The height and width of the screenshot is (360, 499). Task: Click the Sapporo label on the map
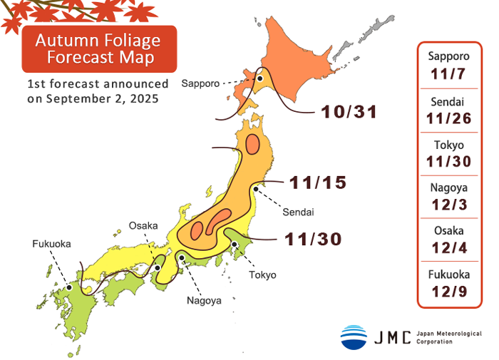pos(200,83)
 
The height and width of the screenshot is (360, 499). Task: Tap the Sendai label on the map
pos(298,212)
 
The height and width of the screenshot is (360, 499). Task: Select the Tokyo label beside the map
pos(262,274)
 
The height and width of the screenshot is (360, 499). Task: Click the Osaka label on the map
pos(143,226)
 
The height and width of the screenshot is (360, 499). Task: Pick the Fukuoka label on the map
pos(51,243)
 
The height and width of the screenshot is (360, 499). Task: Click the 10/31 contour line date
pos(349,112)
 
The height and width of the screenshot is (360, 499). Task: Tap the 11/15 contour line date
pos(319,182)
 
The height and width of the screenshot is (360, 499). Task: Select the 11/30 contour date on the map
pos(314,239)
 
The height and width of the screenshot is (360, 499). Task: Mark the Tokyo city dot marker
pos(235,245)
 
